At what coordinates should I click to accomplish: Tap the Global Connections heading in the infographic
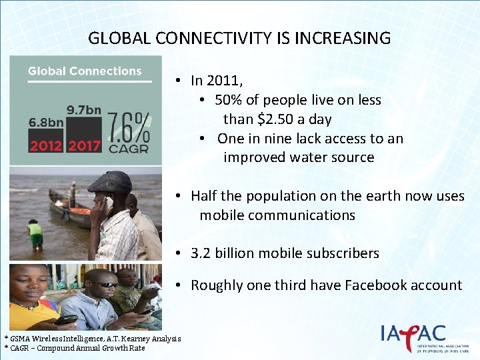85,71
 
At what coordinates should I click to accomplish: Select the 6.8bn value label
46,123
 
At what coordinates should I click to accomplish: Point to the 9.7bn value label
83,109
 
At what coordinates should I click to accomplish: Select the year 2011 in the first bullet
224,81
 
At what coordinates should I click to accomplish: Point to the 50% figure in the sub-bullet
229,100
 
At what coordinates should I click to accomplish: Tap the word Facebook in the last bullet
373,285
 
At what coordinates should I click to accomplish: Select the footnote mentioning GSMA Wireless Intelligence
92,339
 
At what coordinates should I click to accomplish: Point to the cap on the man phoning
111,181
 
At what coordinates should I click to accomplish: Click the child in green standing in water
35,233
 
